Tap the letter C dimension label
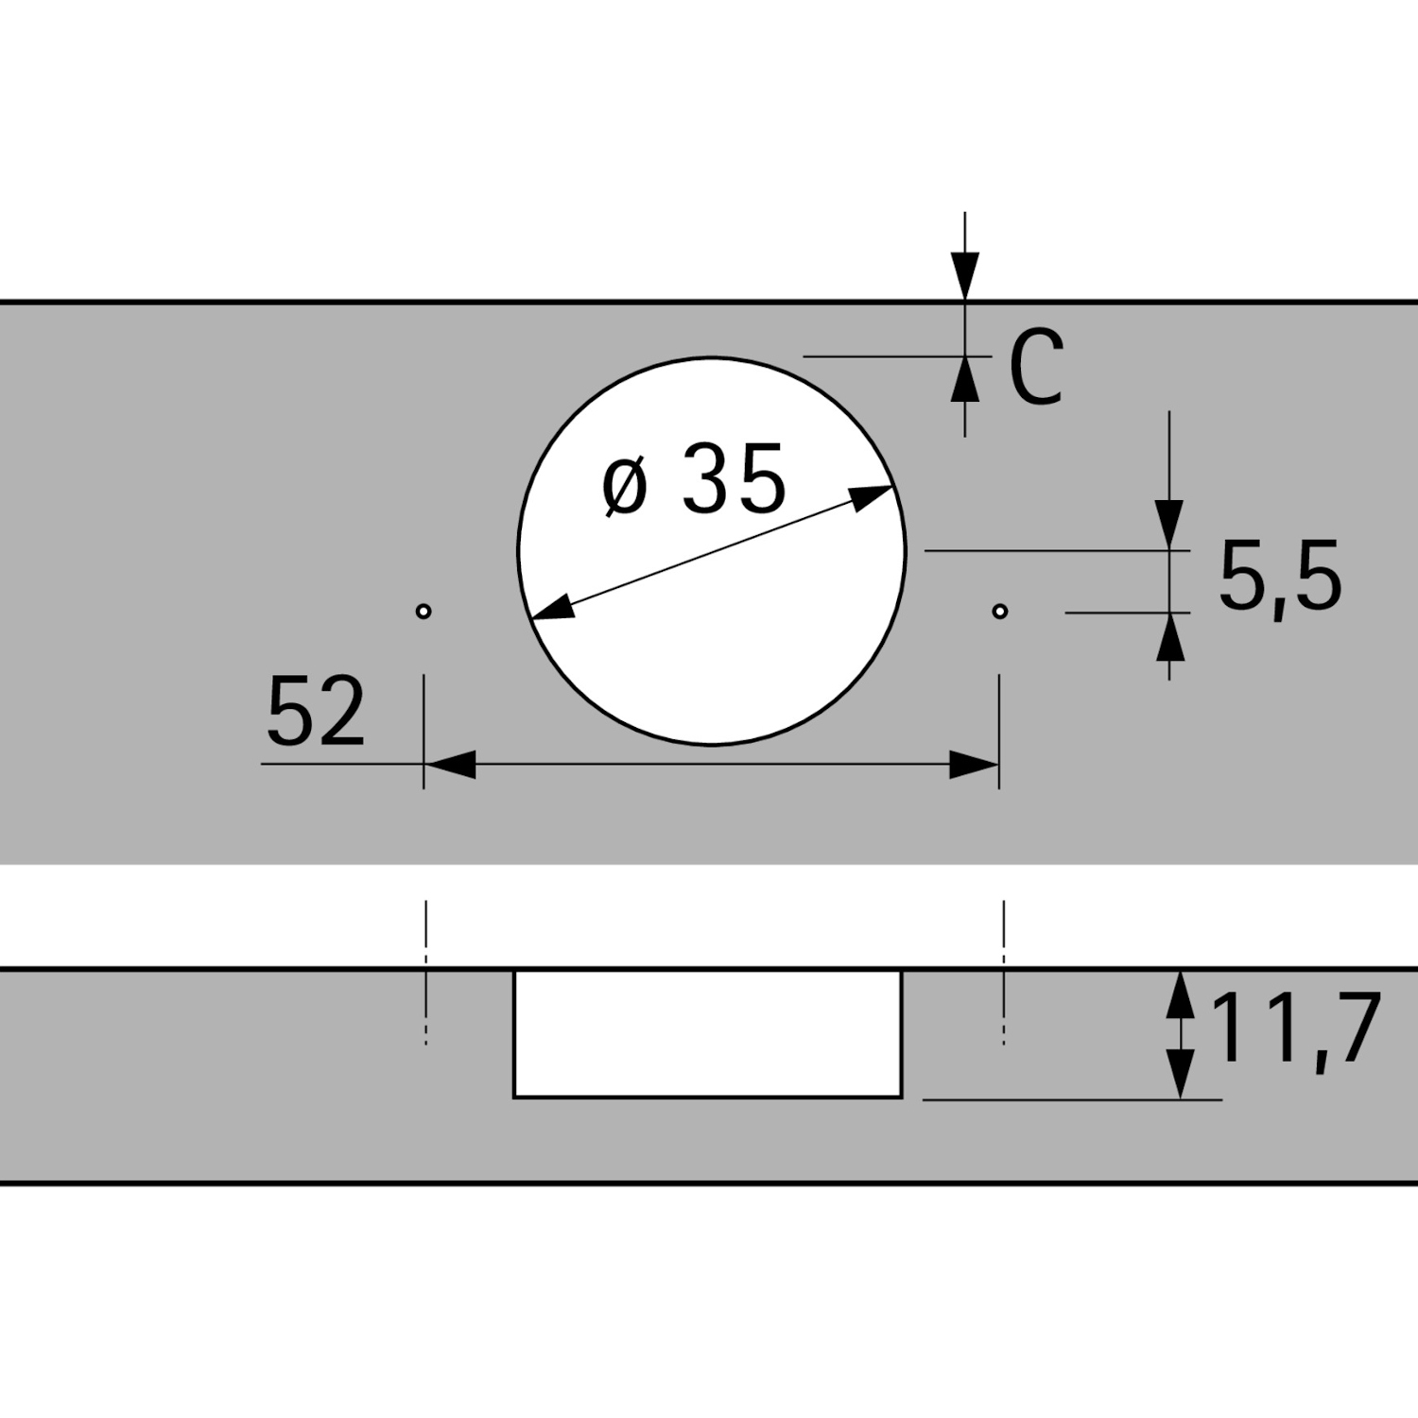(x=1036, y=369)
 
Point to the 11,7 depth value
(x=1295, y=1029)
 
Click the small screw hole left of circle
(x=424, y=612)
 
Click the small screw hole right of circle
(x=1000, y=612)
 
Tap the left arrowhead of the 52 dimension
(x=450, y=765)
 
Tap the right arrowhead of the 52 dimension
(x=974, y=765)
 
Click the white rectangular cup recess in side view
(x=707, y=1033)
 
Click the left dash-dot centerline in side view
(x=426, y=974)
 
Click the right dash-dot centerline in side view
(x=1004, y=974)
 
